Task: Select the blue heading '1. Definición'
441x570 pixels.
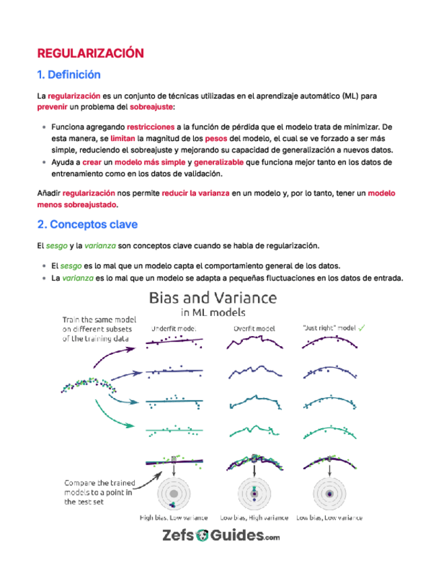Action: (x=69, y=75)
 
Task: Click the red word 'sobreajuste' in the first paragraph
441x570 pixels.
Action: (x=151, y=107)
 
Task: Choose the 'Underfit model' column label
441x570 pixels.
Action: (x=172, y=329)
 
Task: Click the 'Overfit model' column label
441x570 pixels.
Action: (x=255, y=329)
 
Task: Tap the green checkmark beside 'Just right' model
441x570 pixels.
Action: (x=362, y=328)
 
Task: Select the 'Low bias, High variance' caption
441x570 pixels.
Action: (x=255, y=518)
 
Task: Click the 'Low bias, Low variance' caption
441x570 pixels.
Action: (x=330, y=518)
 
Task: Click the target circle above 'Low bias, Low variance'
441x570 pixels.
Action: (x=330, y=495)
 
